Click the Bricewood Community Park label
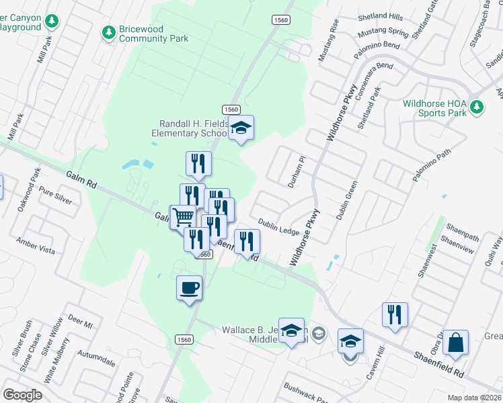coord(153,34)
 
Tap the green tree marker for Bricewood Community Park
coord(108,32)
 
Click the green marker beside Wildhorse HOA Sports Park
coord(477,107)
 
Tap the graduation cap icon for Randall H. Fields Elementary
coord(240,128)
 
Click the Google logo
coord(22,394)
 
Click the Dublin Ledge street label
coord(278,227)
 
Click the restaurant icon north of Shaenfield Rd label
coord(394,314)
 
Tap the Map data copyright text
coord(475,397)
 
